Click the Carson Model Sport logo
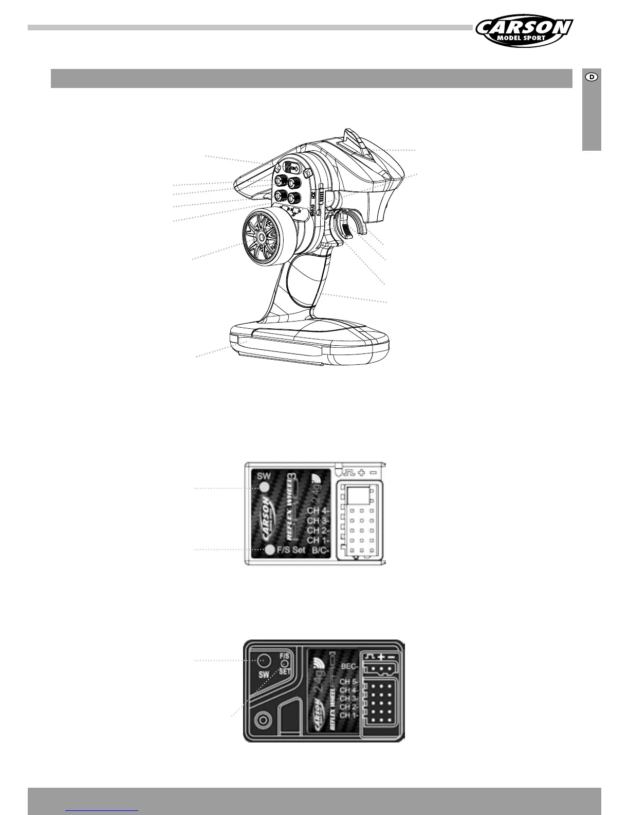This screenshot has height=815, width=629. [x=524, y=30]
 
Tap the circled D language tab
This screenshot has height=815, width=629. [x=591, y=77]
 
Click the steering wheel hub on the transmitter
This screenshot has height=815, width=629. [x=261, y=236]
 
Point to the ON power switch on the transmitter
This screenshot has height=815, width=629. [x=293, y=168]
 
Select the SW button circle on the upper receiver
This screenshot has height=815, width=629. [x=265, y=488]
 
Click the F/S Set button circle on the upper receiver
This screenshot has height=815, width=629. [x=270, y=550]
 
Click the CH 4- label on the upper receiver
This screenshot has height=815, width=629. [x=318, y=511]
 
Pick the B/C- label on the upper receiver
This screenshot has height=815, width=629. [x=321, y=550]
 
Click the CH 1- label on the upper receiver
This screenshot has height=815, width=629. [x=318, y=540]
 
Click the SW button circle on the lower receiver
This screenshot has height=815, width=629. [x=264, y=660]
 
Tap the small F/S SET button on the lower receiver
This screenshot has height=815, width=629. [x=284, y=664]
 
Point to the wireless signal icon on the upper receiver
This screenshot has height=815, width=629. [x=317, y=477]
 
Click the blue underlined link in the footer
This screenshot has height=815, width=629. [x=102, y=809]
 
